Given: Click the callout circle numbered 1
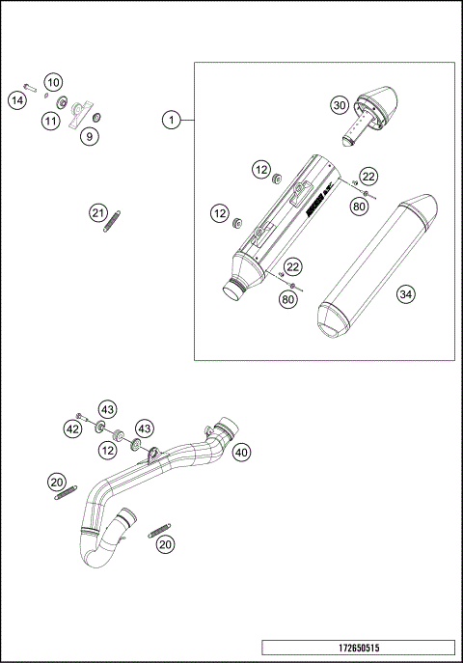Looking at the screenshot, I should [171, 120].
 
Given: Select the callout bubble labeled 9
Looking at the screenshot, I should [89, 137].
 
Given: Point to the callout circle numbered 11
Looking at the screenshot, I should [50, 120].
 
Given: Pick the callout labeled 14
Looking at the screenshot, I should [17, 99].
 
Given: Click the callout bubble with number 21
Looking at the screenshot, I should [97, 213].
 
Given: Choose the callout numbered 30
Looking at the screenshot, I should [339, 104].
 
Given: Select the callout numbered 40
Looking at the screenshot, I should [241, 451].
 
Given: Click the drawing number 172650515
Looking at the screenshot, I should [357, 648].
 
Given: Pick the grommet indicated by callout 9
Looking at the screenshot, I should [96, 119].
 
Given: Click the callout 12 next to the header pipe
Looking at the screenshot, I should [108, 449].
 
